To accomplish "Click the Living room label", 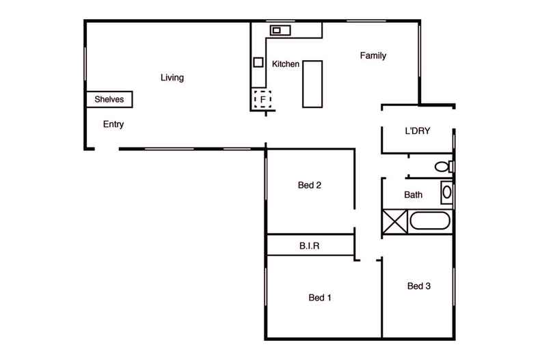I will tap(172, 78).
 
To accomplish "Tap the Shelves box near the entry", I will tap(109, 100).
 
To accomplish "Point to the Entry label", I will tap(113, 124).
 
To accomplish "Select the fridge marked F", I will tap(262, 100).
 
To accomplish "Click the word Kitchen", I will tap(285, 64).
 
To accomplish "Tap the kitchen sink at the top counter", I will tap(279, 30).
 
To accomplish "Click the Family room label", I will tap(373, 56).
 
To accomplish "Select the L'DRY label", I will tap(417, 132).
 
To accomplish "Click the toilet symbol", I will tap(443, 166).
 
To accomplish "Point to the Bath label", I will tap(414, 195).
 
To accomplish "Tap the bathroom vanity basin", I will tap(446, 192).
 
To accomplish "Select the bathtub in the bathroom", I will tap(430, 222).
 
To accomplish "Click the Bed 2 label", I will tap(310, 185).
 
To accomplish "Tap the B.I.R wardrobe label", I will tap(310, 245).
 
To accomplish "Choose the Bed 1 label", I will tap(320, 297).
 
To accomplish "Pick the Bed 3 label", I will tap(418, 286).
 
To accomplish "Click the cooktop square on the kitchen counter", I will tap(259, 62).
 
